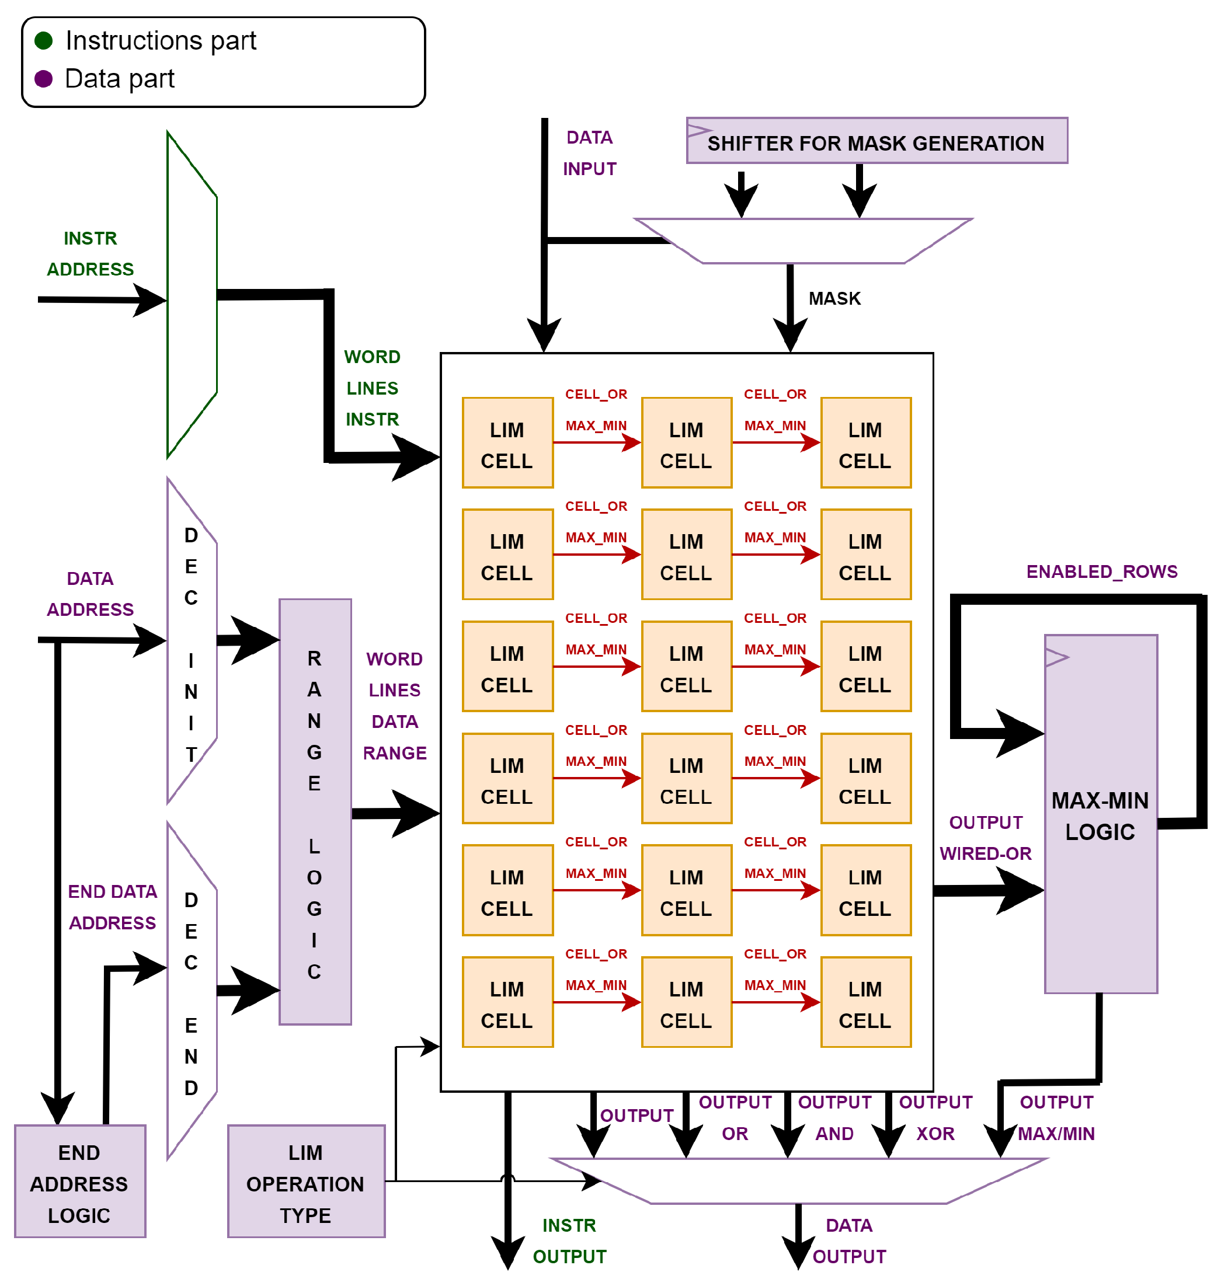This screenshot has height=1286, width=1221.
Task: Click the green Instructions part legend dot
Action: click(x=44, y=41)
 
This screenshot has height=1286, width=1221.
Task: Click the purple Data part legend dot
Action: click(x=44, y=79)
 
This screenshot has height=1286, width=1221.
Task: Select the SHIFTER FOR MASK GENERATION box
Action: click(x=876, y=141)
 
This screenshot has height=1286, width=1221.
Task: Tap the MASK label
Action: click(x=834, y=298)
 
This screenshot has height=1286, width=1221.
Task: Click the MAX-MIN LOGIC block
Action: click(x=1100, y=814)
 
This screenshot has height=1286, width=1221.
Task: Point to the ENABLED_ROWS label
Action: click(x=1101, y=571)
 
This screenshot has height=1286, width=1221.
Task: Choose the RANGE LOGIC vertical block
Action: click(x=315, y=812)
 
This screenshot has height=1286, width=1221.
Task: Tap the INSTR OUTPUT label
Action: click(x=569, y=1240)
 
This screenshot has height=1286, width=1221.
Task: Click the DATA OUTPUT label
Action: click(x=848, y=1240)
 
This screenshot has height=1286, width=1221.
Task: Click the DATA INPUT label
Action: click(x=589, y=153)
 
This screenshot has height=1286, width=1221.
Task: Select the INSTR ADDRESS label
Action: click(x=90, y=254)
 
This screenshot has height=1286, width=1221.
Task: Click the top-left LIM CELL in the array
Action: click(x=507, y=443)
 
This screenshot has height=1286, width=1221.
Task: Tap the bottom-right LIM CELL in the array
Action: click(x=865, y=1002)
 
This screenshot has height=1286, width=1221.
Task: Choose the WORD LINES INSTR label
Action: click(x=373, y=388)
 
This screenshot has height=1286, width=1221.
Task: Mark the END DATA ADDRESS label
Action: click(x=112, y=907)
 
